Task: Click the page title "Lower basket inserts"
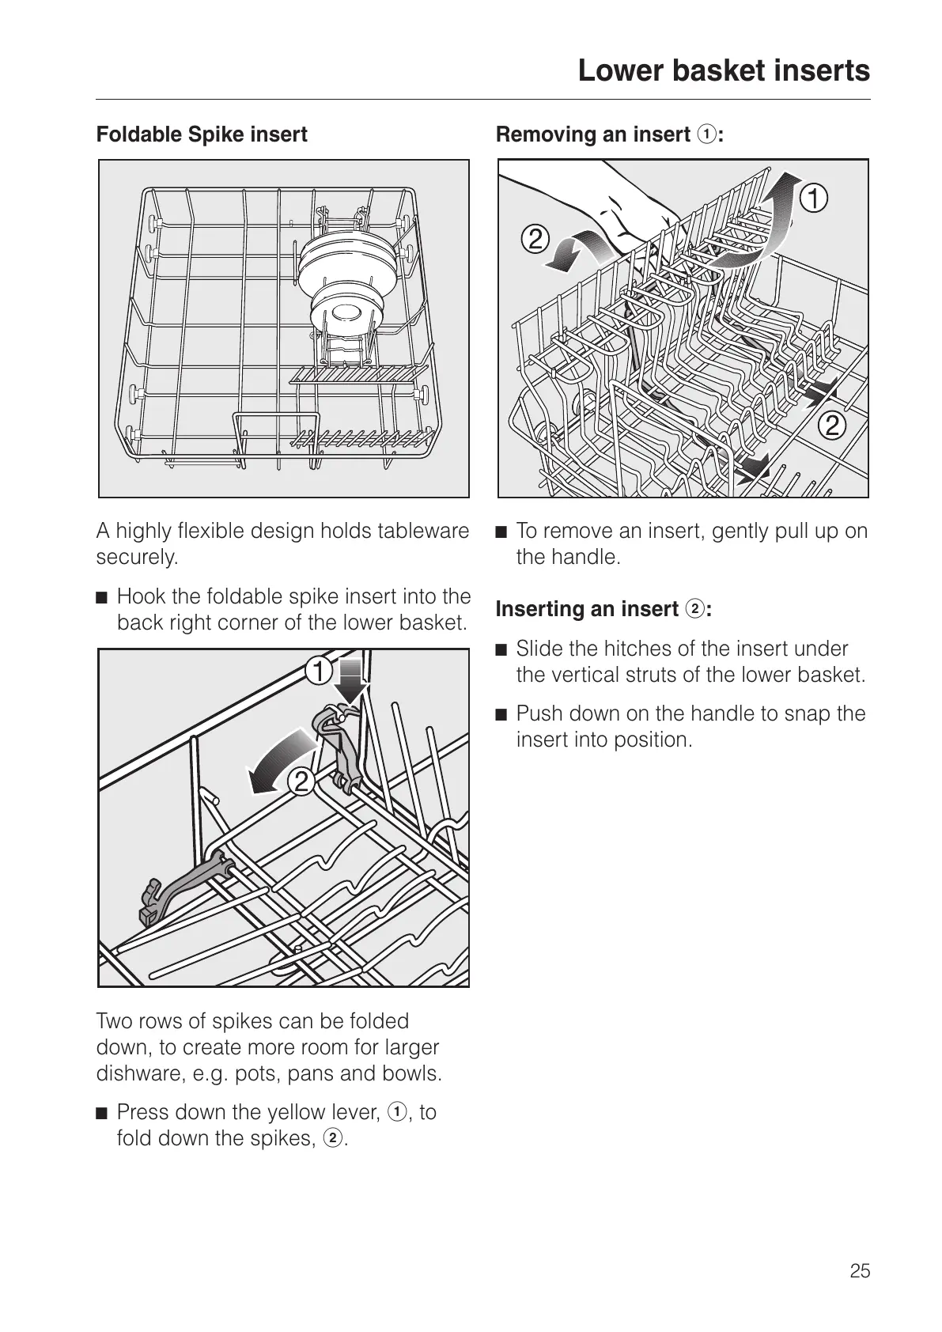[x=723, y=71]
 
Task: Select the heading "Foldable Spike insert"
[x=202, y=134]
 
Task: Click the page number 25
[x=860, y=1271]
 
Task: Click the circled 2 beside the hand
[x=535, y=238]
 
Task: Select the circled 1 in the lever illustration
[x=319, y=672]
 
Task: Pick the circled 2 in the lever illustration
[x=301, y=782]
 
